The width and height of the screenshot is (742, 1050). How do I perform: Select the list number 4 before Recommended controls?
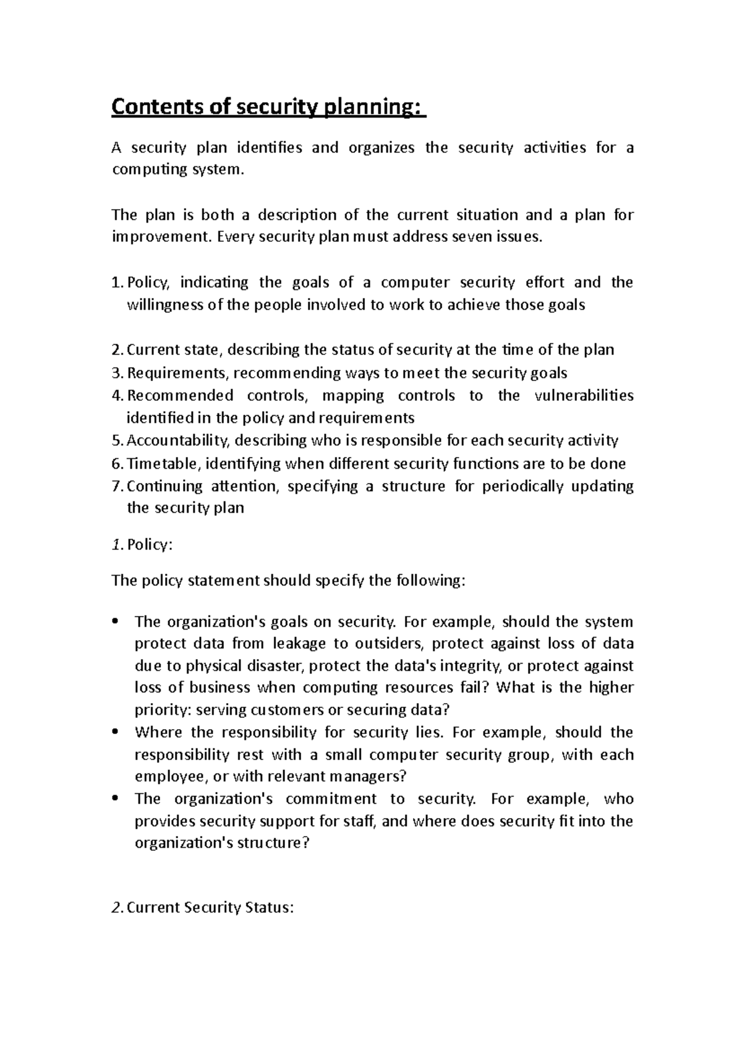(116, 396)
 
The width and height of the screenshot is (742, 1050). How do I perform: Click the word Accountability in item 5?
(177, 441)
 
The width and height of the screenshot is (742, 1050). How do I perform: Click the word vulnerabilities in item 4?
(583, 396)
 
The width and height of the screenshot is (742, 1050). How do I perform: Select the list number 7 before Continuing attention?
(116, 486)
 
